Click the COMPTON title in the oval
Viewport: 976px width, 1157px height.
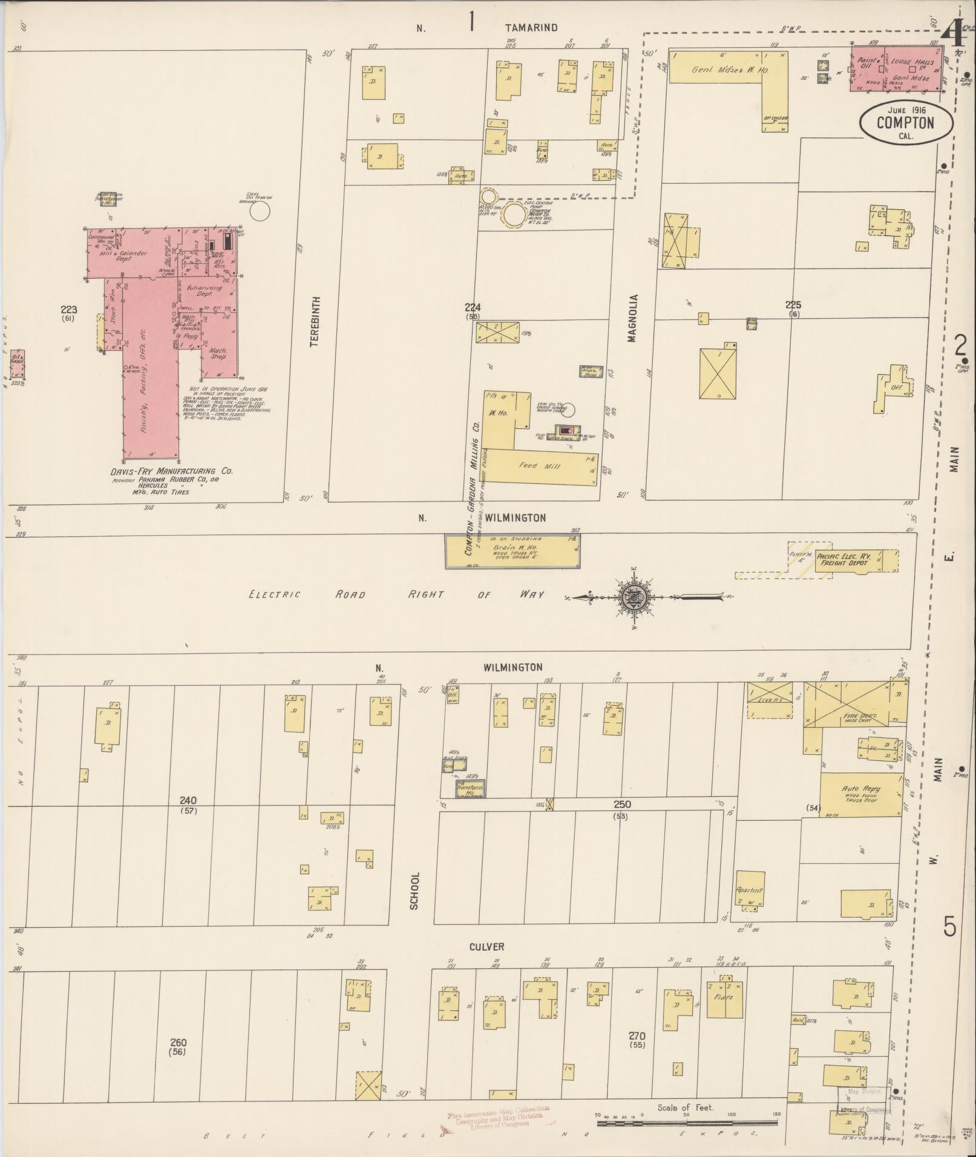point(906,123)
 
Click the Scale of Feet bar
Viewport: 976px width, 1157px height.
point(687,1123)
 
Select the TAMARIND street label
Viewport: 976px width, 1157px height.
point(532,28)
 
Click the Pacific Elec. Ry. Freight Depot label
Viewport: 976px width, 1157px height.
point(842,559)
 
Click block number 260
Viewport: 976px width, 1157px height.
point(178,1043)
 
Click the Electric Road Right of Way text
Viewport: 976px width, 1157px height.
point(396,595)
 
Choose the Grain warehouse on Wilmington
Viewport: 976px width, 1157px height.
point(512,551)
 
